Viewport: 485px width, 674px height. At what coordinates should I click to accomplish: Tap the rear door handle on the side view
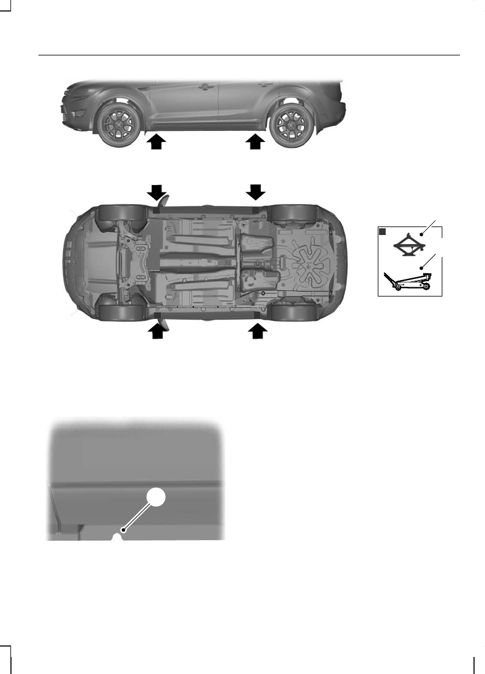(x=264, y=85)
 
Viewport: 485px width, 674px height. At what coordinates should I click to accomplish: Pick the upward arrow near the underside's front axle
(x=158, y=331)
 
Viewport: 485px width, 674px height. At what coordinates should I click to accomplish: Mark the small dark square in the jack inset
(x=383, y=232)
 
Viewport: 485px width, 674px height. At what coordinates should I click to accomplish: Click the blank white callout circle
(x=157, y=498)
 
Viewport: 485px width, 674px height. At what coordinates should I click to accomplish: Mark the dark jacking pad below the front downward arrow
(x=157, y=209)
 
